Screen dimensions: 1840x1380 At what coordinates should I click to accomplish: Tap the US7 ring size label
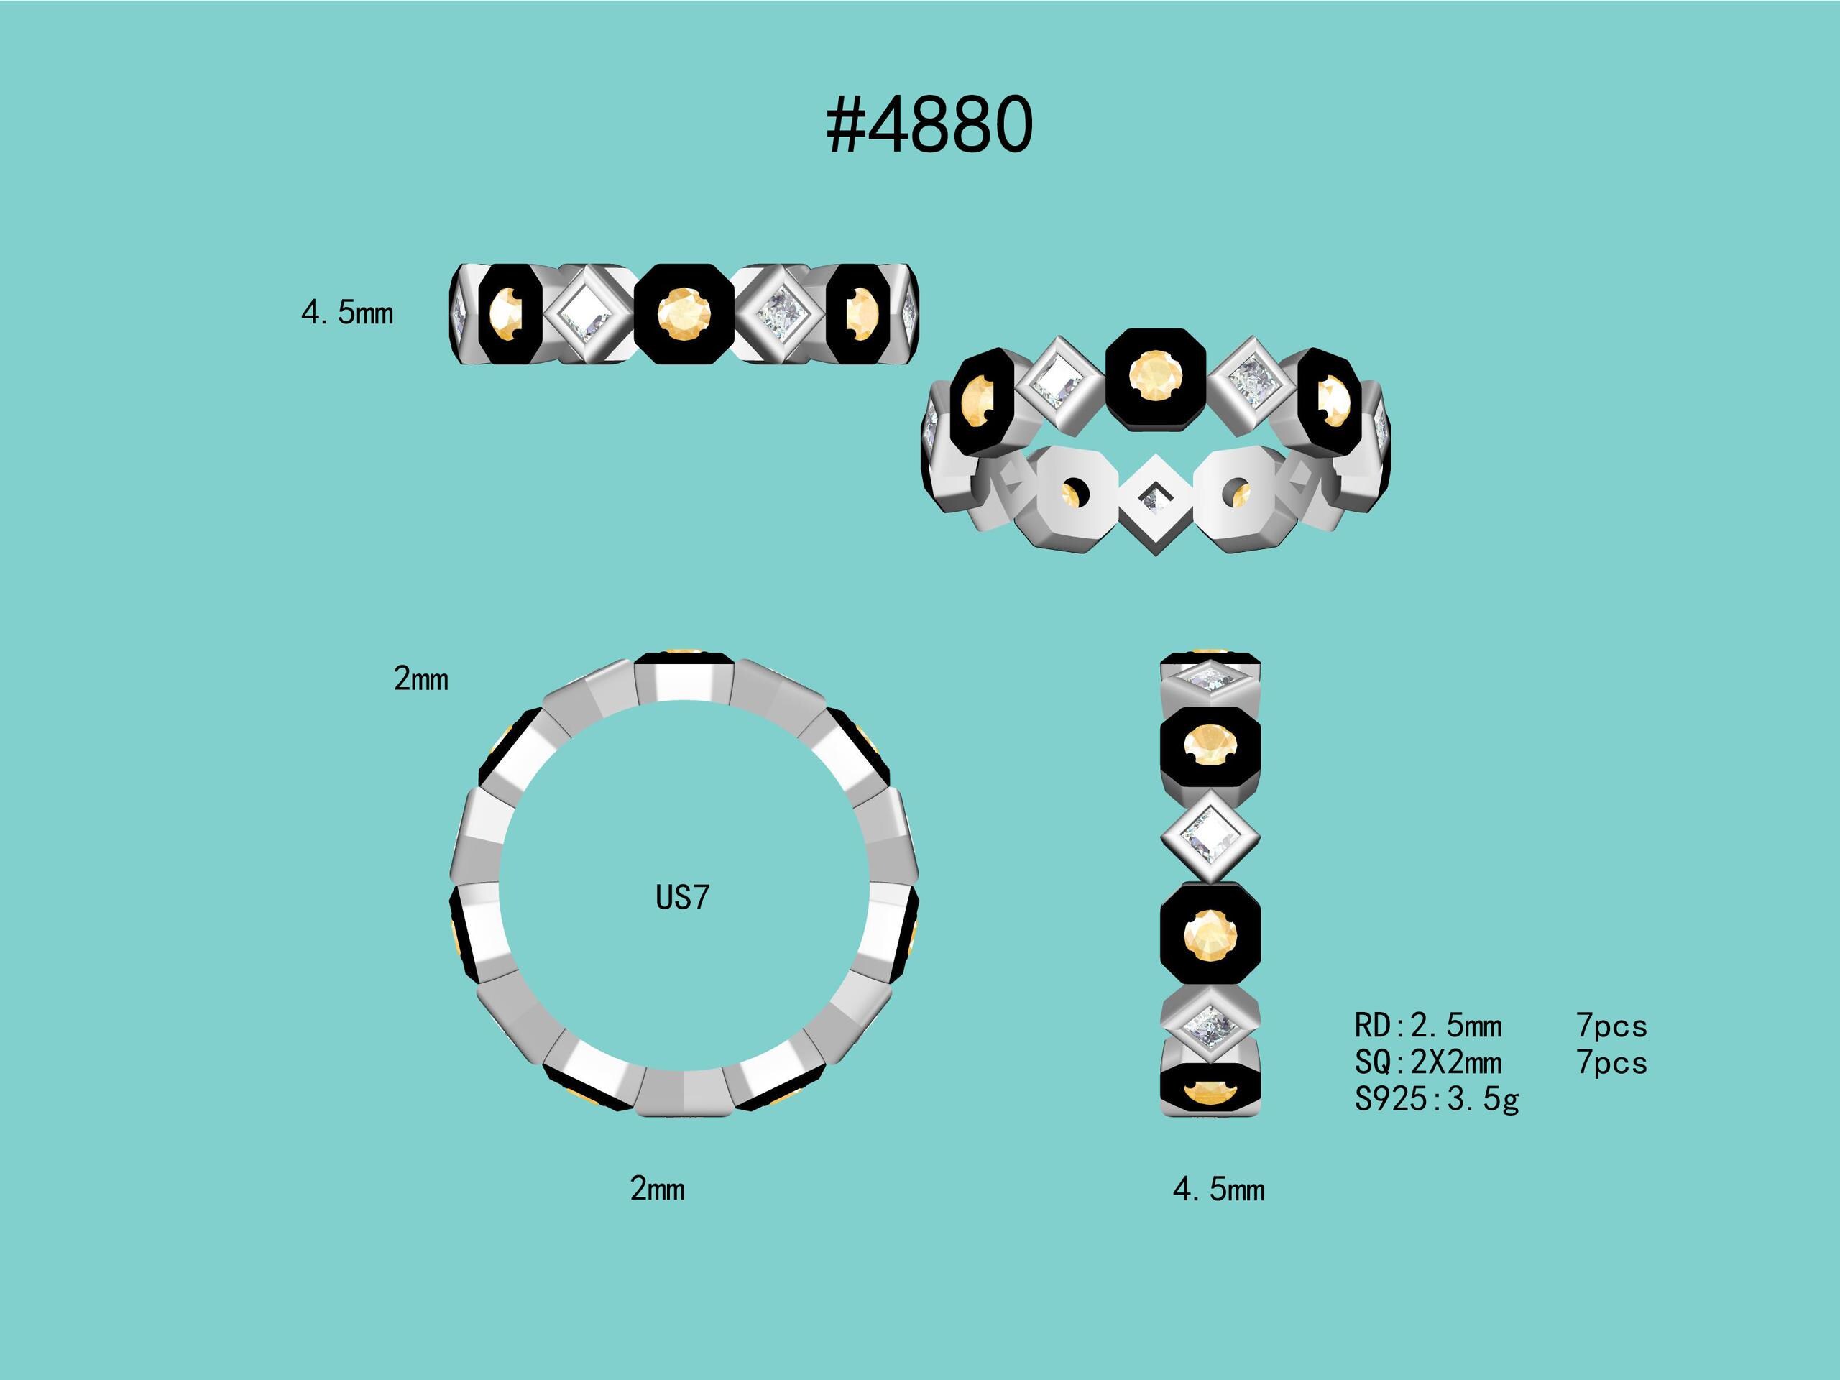tap(682, 898)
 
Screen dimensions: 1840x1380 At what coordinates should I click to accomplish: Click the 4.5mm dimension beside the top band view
tap(347, 313)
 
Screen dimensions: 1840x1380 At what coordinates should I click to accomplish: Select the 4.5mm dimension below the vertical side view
tap(1218, 1190)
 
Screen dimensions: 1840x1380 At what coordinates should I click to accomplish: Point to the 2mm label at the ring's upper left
tap(421, 680)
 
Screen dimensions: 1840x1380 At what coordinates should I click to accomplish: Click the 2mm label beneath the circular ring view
tap(657, 1189)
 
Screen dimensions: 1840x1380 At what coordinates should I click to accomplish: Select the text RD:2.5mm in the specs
tap(1428, 1026)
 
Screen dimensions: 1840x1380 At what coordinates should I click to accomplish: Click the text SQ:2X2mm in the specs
tap(1428, 1062)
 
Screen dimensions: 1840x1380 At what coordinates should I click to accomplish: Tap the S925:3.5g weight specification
tap(1437, 1100)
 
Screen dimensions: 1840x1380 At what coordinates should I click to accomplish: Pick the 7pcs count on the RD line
tap(1611, 1026)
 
